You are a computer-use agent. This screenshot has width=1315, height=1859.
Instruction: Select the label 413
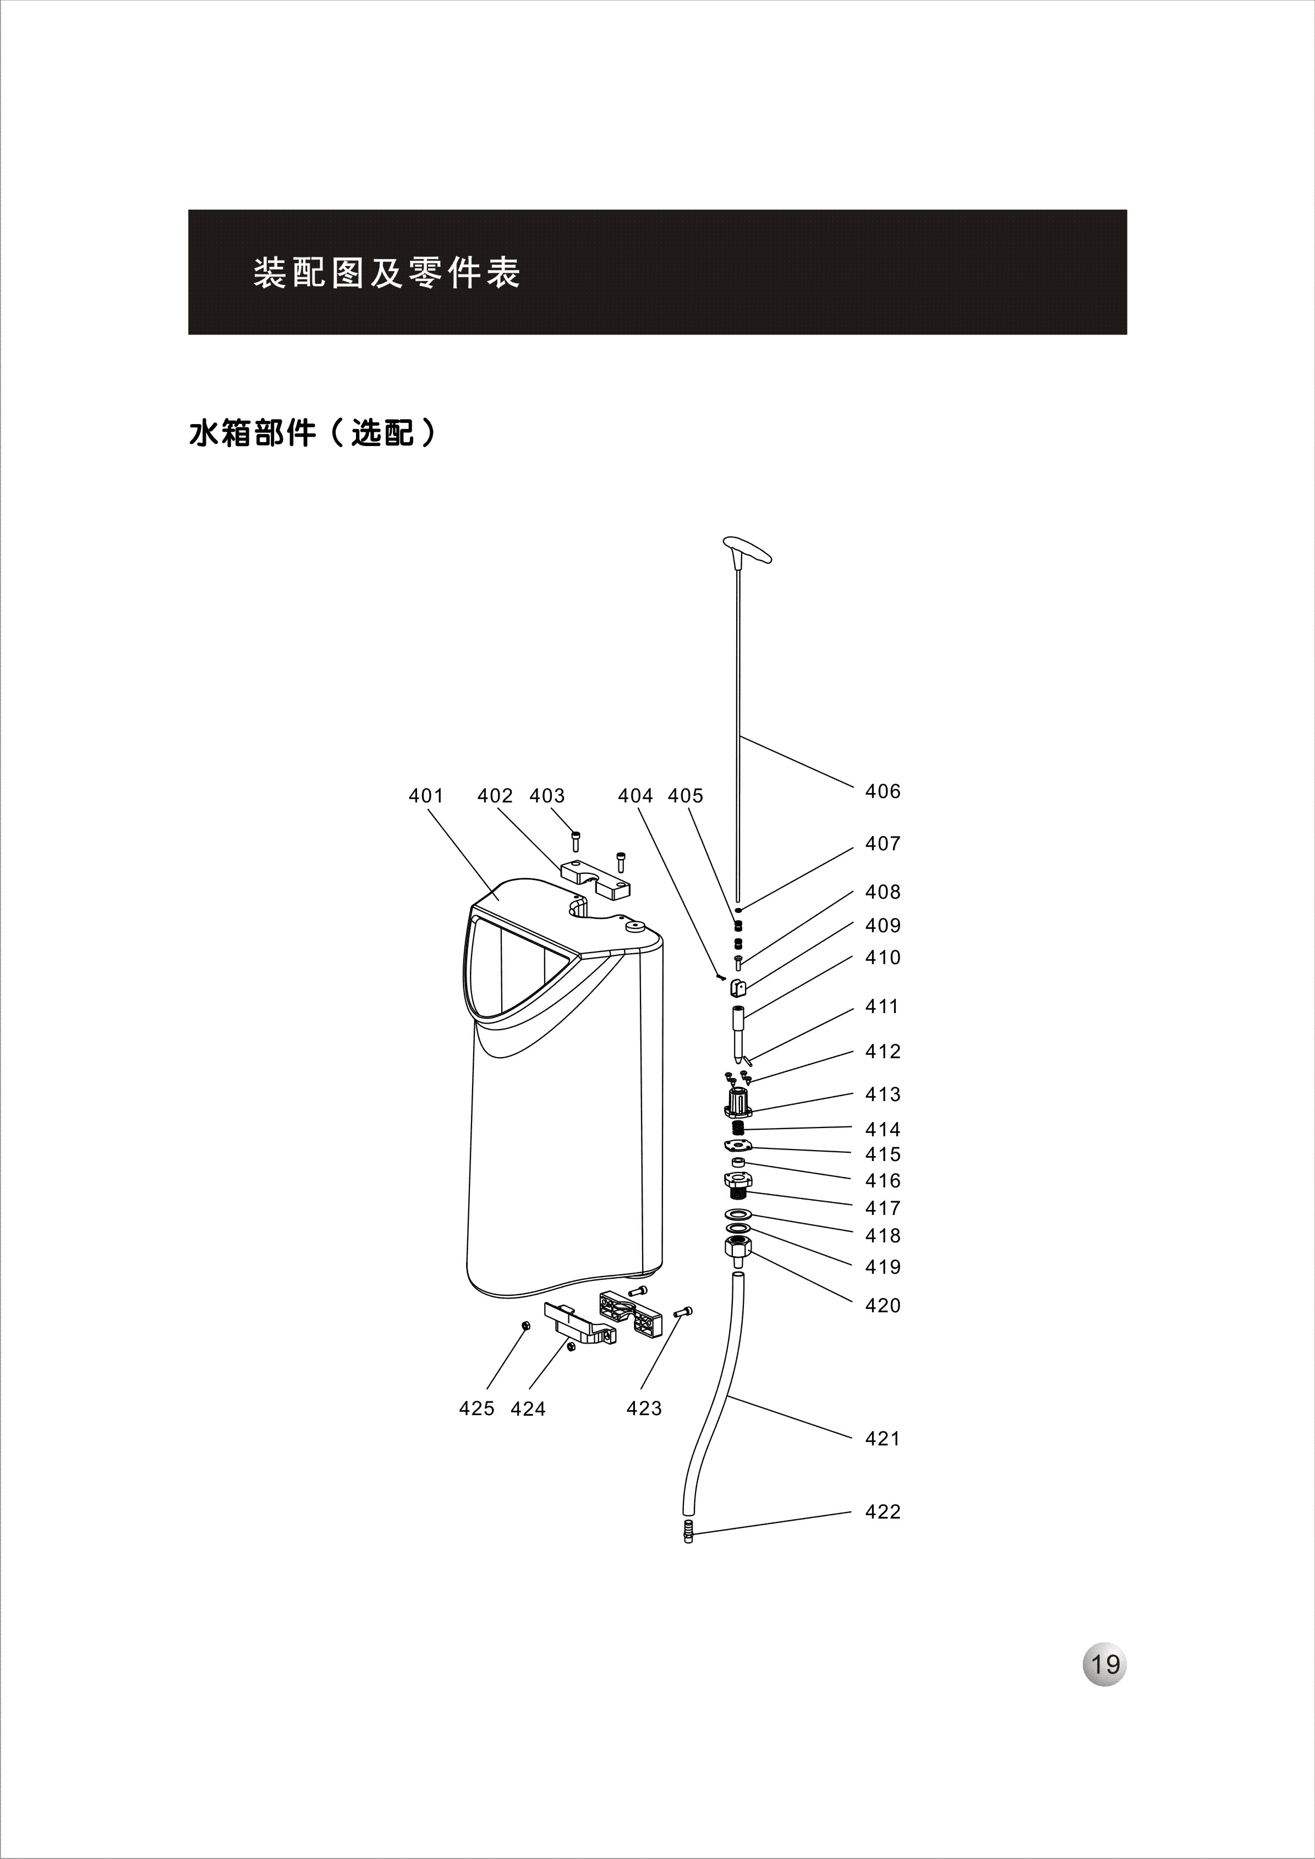(x=883, y=1094)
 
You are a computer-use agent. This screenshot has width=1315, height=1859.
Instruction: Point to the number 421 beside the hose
(x=883, y=1439)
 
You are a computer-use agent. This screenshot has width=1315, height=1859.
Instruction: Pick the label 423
(x=644, y=1409)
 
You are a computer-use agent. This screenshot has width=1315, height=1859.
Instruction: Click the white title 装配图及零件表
(x=386, y=273)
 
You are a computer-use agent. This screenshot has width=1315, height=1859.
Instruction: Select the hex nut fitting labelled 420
(x=738, y=1251)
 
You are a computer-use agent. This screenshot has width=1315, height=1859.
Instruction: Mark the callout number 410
(x=883, y=958)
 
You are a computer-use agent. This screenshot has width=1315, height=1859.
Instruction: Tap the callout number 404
(x=635, y=796)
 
